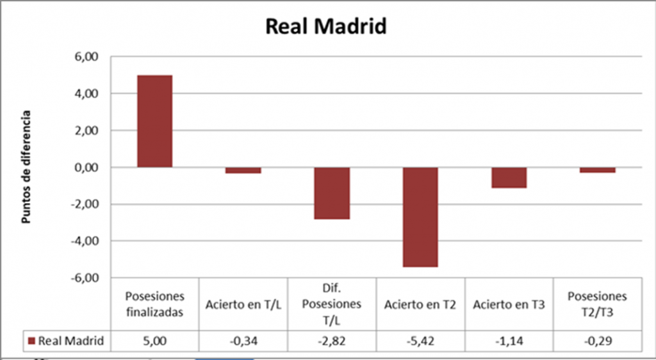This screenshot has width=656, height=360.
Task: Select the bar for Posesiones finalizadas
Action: tap(154, 121)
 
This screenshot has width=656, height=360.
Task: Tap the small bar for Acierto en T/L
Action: tap(243, 170)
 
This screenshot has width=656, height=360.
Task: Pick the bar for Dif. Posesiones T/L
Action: tap(332, 193)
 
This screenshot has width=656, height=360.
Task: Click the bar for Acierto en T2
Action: tap(420, 217)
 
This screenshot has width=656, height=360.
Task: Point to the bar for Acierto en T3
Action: tap(509, 177)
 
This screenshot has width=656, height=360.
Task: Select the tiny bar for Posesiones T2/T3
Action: tap(598, 170)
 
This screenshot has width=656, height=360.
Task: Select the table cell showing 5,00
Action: tap(154, 341)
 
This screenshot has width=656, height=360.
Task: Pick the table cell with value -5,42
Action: tap(420, 341)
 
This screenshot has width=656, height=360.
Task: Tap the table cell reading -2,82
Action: tap(332, 341)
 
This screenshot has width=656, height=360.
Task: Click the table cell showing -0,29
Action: tap(598, 341)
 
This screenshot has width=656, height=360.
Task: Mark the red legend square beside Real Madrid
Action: tap(32, 341)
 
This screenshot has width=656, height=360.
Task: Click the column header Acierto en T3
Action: tap(509, 305)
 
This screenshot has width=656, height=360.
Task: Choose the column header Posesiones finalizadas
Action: tap(154, 305)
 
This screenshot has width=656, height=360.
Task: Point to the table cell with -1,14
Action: tap(509, 341)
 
